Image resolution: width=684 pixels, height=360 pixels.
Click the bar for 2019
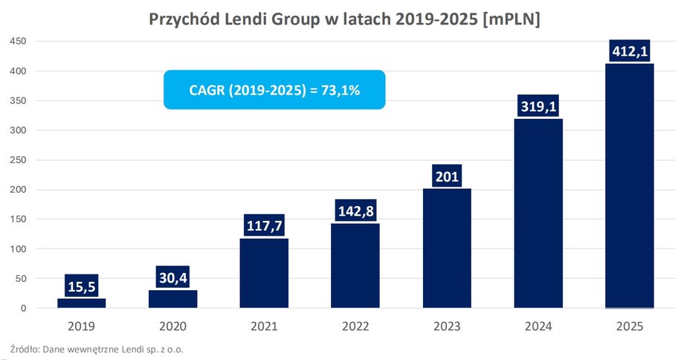[x=81, y=303]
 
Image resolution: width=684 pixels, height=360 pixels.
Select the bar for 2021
[x=264, y=273]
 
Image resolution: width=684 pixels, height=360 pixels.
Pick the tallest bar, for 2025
[x=629, y=186]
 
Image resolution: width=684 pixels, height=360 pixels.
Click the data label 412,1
[x=629, y=52]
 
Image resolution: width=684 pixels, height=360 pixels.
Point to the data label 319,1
[x=538, y=107]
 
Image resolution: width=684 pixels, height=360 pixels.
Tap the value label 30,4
[x=172, y=277]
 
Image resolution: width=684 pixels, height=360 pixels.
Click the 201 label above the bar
[x=446, y=177]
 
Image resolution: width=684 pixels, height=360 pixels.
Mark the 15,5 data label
[x=81, y=286]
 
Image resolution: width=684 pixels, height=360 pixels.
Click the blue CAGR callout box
[x=274, y=90]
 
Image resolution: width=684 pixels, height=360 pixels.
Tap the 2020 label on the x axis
[x=172, y=326]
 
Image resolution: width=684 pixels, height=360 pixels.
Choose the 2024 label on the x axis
[x=538, y=326]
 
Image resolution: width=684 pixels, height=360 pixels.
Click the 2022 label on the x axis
[x=355, y=326]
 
